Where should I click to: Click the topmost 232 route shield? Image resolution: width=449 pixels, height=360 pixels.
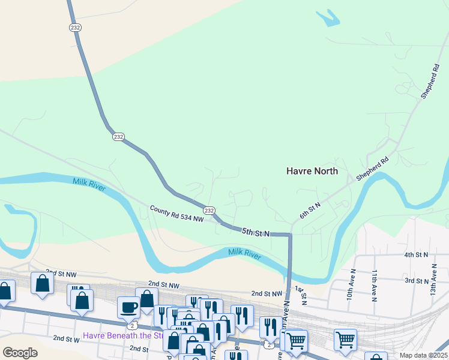point(75,28)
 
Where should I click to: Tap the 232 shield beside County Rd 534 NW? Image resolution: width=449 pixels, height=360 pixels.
point(209,210)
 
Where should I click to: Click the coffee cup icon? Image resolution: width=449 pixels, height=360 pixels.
point(129,307)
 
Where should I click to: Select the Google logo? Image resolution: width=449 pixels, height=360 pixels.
point(20,353)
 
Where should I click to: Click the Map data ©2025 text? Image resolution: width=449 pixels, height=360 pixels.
point(423,355)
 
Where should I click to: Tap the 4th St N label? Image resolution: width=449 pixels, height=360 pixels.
point(416,255)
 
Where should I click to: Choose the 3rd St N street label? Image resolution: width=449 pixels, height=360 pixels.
point(416,280)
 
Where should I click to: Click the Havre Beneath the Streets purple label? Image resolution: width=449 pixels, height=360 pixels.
point(123,335)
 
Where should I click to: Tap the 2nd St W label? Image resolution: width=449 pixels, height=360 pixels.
point(67,339)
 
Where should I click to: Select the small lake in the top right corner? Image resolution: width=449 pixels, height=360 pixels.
point(328,18)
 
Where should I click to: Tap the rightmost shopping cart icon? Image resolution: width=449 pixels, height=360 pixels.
point(346,340)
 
